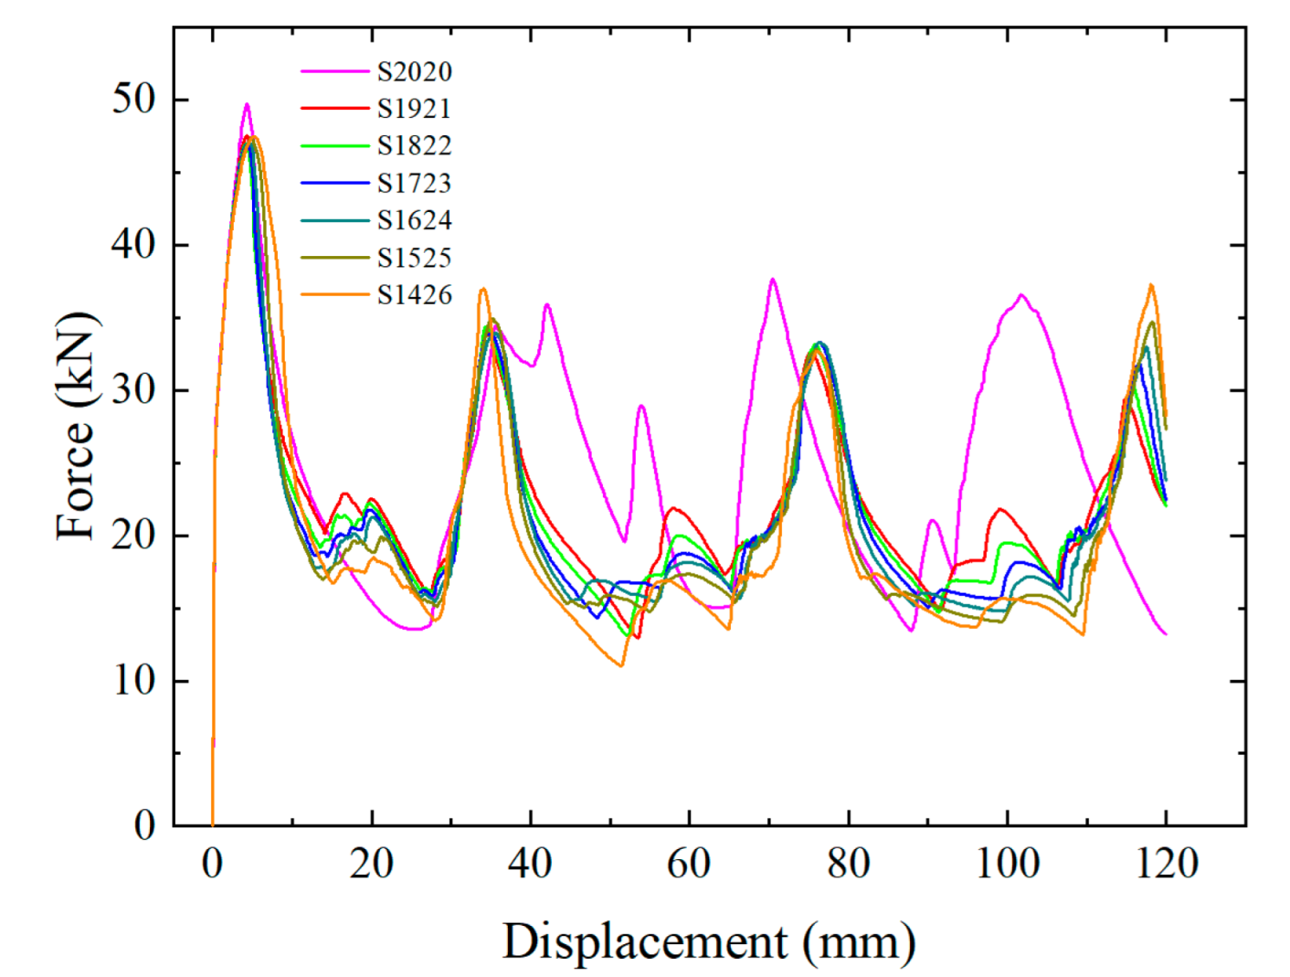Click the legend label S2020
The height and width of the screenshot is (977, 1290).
(414, 71)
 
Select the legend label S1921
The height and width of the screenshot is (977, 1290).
(414, 109)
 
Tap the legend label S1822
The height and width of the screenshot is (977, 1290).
(414, 146)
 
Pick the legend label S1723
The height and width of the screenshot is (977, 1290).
(414, 184)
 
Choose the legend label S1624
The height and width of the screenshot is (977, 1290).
(414, 221)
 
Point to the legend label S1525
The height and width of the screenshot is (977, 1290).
(414, 259)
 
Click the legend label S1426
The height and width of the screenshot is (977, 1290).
(414, 295)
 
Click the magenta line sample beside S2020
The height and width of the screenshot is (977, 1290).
(334, 71)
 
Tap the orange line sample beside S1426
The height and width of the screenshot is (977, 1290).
(334, 295)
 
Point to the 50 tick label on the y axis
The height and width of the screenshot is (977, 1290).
(134, 99)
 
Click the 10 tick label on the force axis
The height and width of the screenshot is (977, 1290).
(134, 681)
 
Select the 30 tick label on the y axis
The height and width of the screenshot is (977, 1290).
(134, 390)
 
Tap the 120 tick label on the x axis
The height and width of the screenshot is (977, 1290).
(1166, 863)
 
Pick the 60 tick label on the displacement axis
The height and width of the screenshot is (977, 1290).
(689, 863)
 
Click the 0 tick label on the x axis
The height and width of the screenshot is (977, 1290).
(212, 863)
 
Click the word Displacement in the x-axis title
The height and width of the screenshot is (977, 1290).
(644, 941)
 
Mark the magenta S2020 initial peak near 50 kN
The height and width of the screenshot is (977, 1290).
(246, 104)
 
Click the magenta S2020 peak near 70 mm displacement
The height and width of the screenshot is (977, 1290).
(773, 280)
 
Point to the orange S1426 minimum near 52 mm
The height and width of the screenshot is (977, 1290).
(621, 665)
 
